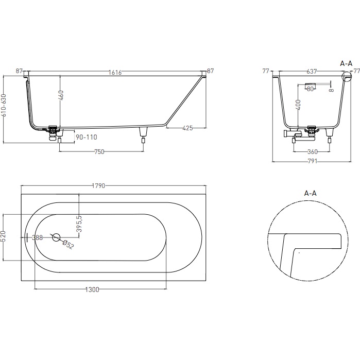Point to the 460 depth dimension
[61, 95]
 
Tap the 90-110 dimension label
[86, 138]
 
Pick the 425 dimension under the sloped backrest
[187, 129]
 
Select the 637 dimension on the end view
[312, 72]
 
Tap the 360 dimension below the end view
[312, 151]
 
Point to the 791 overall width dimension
[312, 162]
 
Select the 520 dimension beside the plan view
[4, 238]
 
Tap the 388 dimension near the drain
[37, 237]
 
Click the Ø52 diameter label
[68, 245]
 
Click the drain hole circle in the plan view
[56, 237]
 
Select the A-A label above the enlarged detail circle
[310, 193]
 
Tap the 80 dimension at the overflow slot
[310, 89]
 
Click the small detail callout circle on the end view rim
[347, 77]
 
